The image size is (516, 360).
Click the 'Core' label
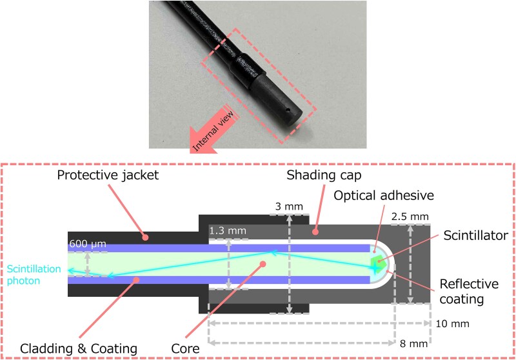coord(212,349)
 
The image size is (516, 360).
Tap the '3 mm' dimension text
coord(288,206)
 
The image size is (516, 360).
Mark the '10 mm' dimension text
coord(453,323)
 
